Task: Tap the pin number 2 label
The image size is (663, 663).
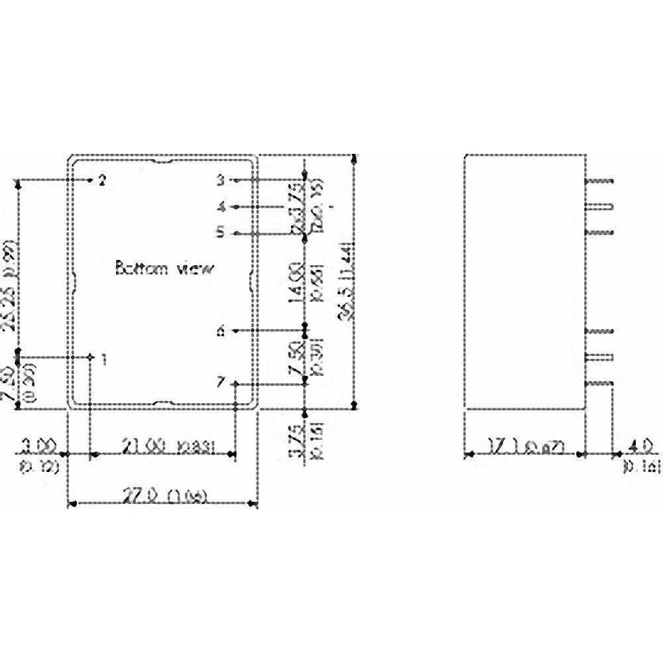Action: [101, 180]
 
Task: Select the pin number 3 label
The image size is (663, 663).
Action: [220, 180]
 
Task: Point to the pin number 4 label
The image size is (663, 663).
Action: [221, 207]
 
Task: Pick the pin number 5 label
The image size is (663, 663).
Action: [221, 233]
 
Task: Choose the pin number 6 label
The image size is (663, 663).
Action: [221, 331]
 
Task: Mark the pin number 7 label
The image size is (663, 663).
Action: [221, 383]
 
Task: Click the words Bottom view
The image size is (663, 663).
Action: [164, 269]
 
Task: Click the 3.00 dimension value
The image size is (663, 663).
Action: [36, 444]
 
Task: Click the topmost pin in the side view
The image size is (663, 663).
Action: [600, 180]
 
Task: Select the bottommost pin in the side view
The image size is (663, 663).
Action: [600, 383]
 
